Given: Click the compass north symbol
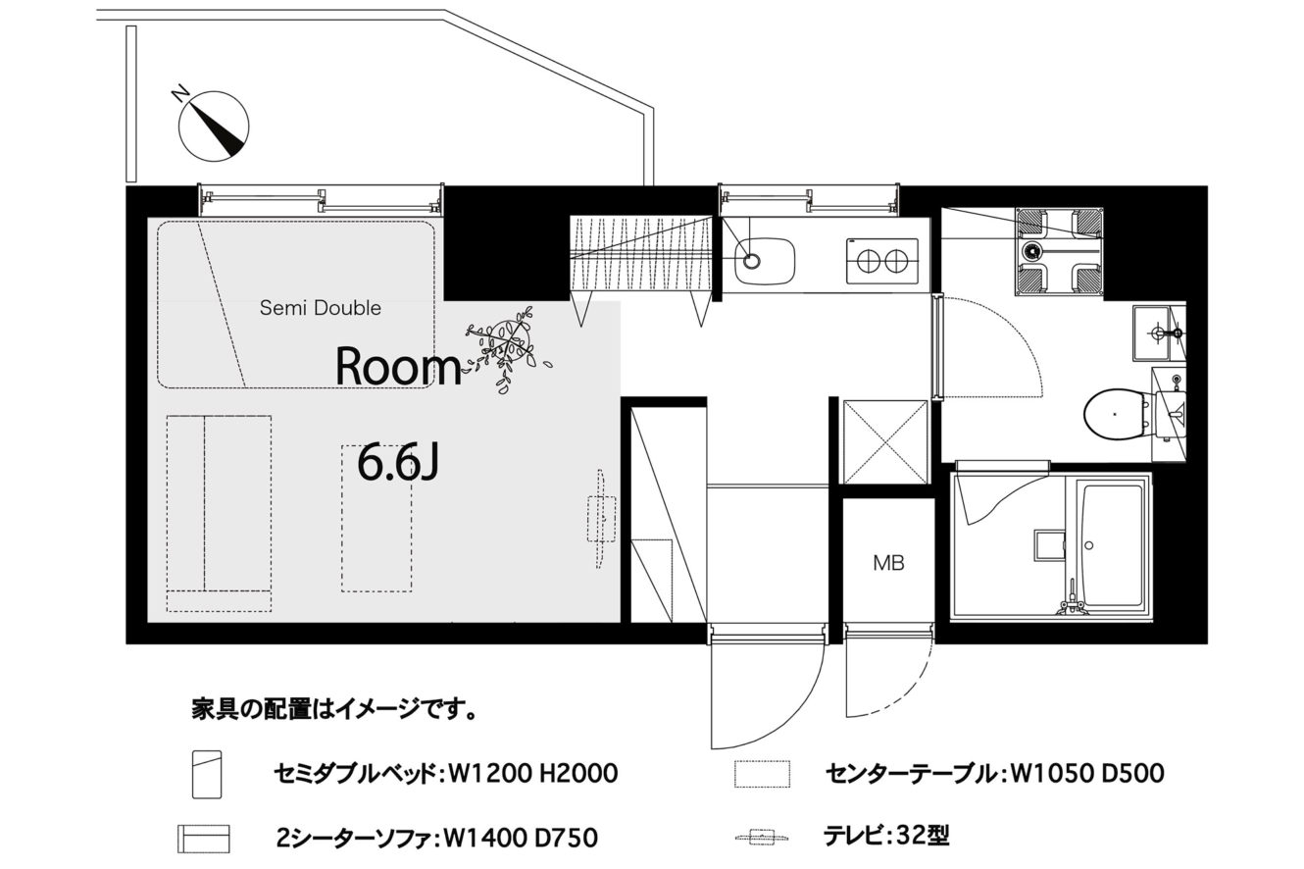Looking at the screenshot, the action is point(213,125).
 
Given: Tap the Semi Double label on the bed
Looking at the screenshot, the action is point(321,308).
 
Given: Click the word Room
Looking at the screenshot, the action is point(398,367).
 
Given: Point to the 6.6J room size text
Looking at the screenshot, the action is point(398,462).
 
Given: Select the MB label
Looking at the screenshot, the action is point(888,563).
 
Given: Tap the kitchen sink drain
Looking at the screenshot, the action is point(752,260).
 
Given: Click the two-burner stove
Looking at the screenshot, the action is point(882,260).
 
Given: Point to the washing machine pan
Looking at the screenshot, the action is point(1060,251).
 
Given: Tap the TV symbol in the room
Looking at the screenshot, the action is point(601,519).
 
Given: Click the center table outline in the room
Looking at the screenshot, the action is point(376,519).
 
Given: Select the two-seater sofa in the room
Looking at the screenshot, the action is point(219,513).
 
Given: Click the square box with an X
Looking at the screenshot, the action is point(884,441).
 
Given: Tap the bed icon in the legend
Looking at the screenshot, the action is point(207,774).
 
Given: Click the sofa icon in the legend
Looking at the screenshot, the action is point(204,839).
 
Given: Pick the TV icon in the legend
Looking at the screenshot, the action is point(762,839).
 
